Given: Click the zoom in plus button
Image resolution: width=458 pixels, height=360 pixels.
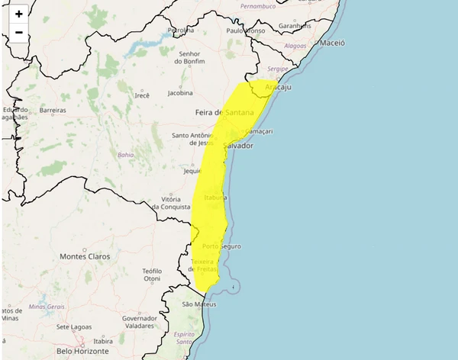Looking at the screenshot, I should (x=19, y=14).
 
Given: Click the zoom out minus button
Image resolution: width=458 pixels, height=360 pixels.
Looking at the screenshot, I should (x=19, y=32).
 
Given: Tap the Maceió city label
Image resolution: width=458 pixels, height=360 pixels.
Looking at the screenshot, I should (x=333, y=43).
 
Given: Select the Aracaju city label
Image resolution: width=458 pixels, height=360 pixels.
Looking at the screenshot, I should (x=278, y=88).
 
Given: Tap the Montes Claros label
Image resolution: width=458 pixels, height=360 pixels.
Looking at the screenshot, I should (x=85, y=256).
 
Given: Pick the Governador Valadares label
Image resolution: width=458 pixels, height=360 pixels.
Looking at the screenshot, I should (x=139, y=323).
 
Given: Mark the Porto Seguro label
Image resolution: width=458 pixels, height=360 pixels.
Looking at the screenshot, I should (x=221, y=246).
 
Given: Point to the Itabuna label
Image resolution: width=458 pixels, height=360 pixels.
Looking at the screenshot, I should (x=214, y=198).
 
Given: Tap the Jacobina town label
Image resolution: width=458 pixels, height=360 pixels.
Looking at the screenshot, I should (x=180, y=93).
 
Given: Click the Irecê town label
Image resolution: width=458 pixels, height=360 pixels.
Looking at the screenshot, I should (x=142, y=95).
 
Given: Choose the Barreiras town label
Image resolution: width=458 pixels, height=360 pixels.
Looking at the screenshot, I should (x=53, y=111).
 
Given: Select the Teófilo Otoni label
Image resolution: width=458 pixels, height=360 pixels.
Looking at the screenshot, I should (x=153, y=275).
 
